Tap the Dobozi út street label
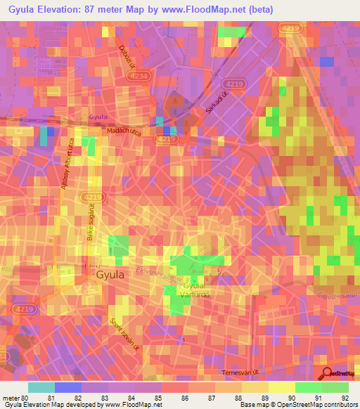click(x=125, y=56)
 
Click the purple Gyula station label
click(x=98, y=117)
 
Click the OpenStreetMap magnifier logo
click(x=328, y=375)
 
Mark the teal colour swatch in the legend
click(x=41, y=387)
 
